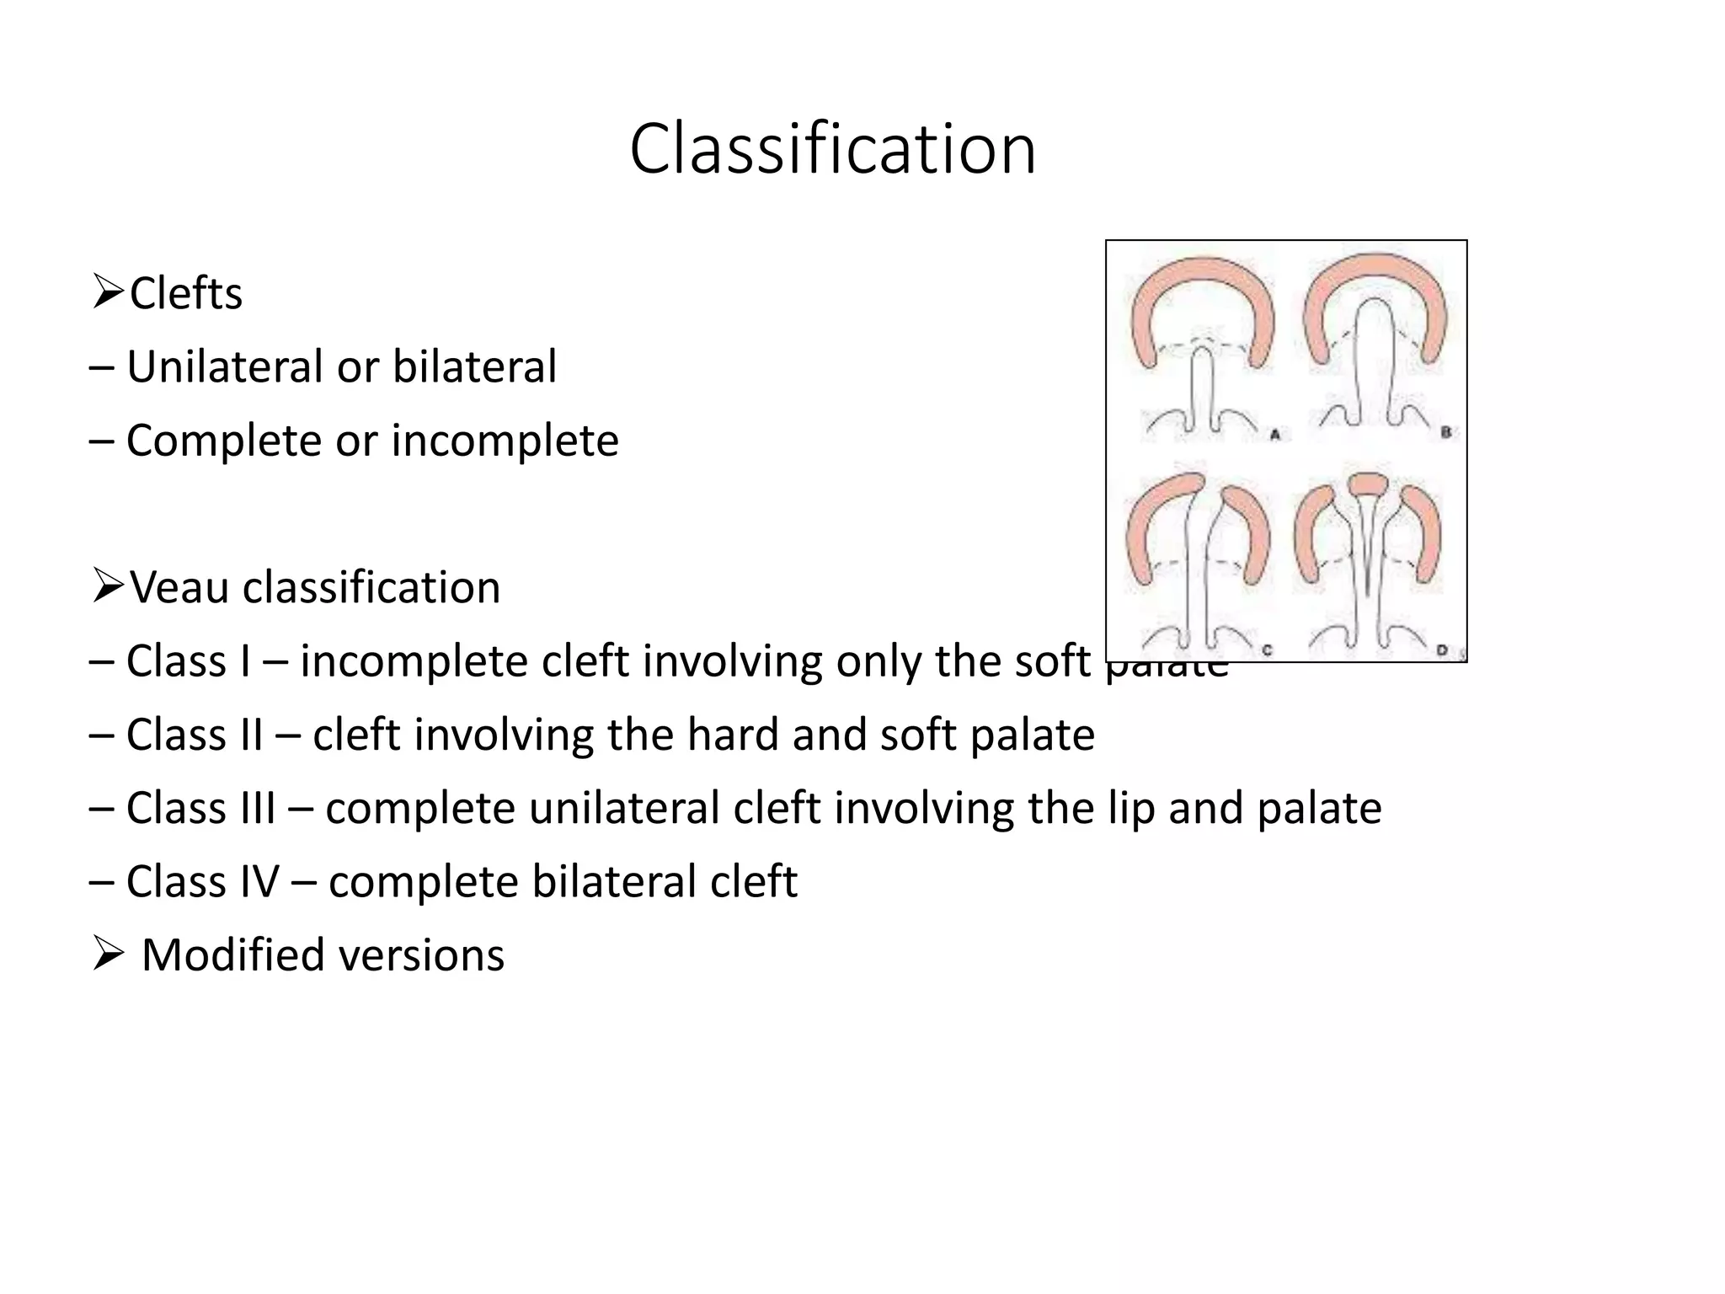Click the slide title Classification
coord(832,149)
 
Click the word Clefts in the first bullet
coord(186,293)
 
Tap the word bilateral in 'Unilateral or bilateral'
coord(474,366)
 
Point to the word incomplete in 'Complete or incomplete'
coord(505,441)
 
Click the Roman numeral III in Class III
coord(259,808)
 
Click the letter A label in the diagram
coord(1274,435)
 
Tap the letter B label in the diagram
coord(1445,433)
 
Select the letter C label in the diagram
coord(1267,650)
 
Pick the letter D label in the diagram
coord(1441,650)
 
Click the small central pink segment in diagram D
coord(1367,484)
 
